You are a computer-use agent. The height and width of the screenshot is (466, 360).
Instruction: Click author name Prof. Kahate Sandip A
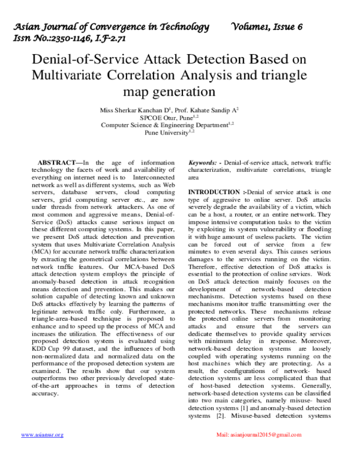click(x=208, y=110)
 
